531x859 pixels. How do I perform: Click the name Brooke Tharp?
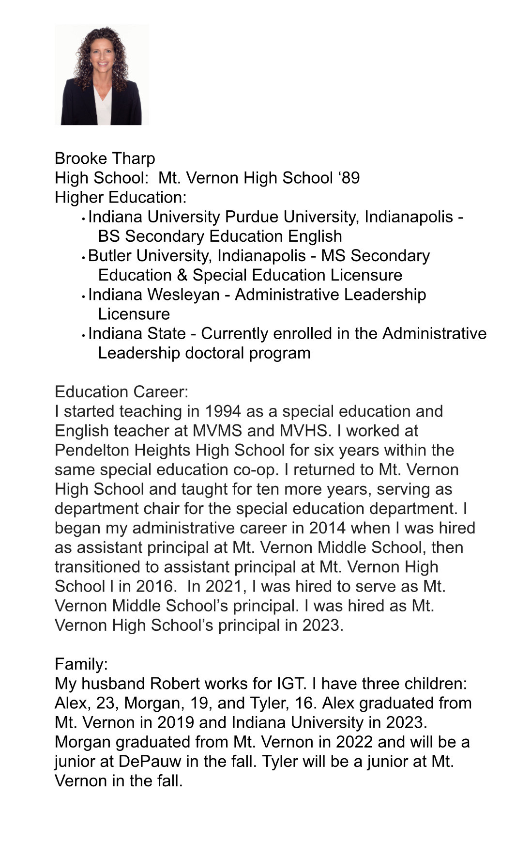click(105, 158)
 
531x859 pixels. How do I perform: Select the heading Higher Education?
click(121, 197)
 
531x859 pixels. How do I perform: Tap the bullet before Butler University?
click(84, 257)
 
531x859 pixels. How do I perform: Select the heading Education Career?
click(121, 391)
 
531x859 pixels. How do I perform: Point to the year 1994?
click(223, 411)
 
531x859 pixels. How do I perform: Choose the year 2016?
click(154, 586)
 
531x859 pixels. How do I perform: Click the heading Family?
click(81, 664)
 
